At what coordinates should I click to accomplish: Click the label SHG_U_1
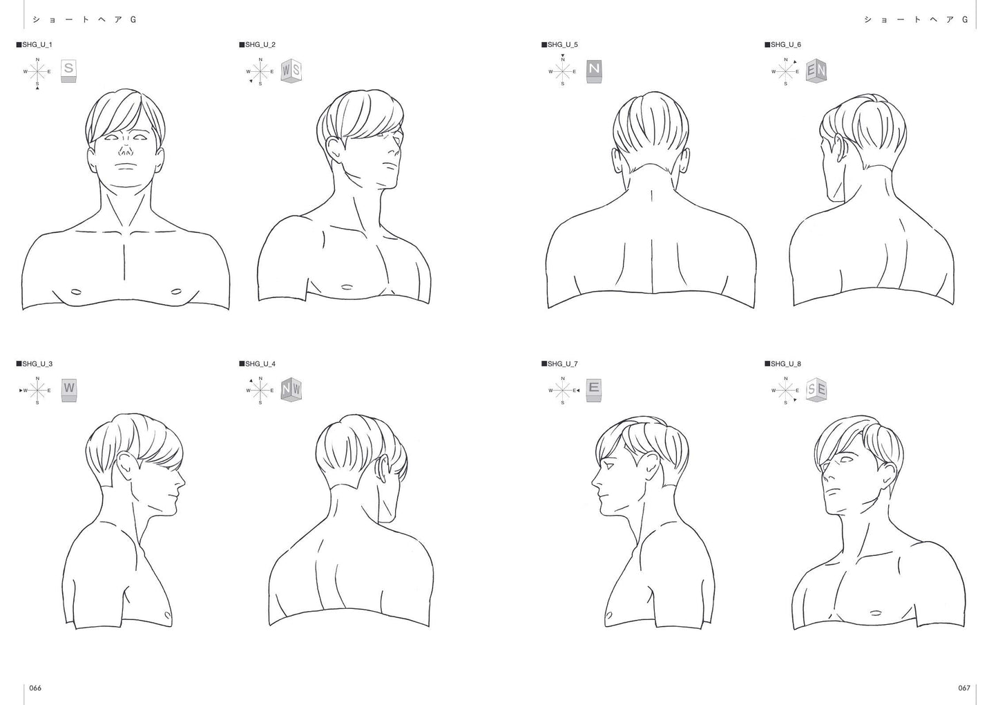tap(35, 45)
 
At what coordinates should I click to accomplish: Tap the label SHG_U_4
tap(258, 364)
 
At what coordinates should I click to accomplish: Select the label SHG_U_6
tap(783, 45)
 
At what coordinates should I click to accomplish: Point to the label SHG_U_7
tap(559, 364)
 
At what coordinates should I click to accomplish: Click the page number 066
tap(35, 688)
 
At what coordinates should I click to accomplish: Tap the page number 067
tap(964, 688)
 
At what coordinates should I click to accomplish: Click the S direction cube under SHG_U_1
tap(68, 71)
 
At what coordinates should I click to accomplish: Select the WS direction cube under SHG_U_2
tap(291, 71)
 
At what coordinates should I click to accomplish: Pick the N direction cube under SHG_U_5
tap(594, 71)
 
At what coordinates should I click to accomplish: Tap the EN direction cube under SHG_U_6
tap(816, 71)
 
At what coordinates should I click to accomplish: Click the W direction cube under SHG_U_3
tap(68, 391)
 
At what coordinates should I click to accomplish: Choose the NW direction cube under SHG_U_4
tap(291, 391)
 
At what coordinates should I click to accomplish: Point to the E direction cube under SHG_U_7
tap(594, 391)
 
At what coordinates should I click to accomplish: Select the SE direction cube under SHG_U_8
tap(816, 391)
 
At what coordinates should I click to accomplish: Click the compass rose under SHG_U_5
tap(563, 71)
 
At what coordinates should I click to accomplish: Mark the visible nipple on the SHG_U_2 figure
tap(347, 286)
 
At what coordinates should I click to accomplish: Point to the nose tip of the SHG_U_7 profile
tap(593, 482)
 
